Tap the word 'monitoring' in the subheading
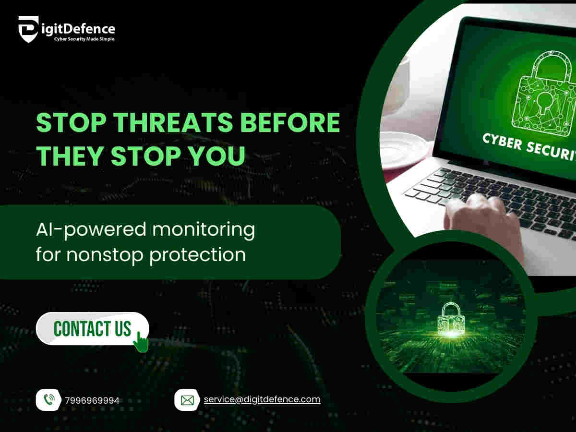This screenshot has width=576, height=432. [x=204, y=229]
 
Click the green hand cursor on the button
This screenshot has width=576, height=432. [x=140, y=341]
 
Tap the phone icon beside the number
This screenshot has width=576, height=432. [x=49, y=400]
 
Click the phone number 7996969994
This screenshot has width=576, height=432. [x=92, y=400]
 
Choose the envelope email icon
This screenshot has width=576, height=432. [x=187, y=400]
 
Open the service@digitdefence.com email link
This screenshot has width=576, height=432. [x=262, y=399]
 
